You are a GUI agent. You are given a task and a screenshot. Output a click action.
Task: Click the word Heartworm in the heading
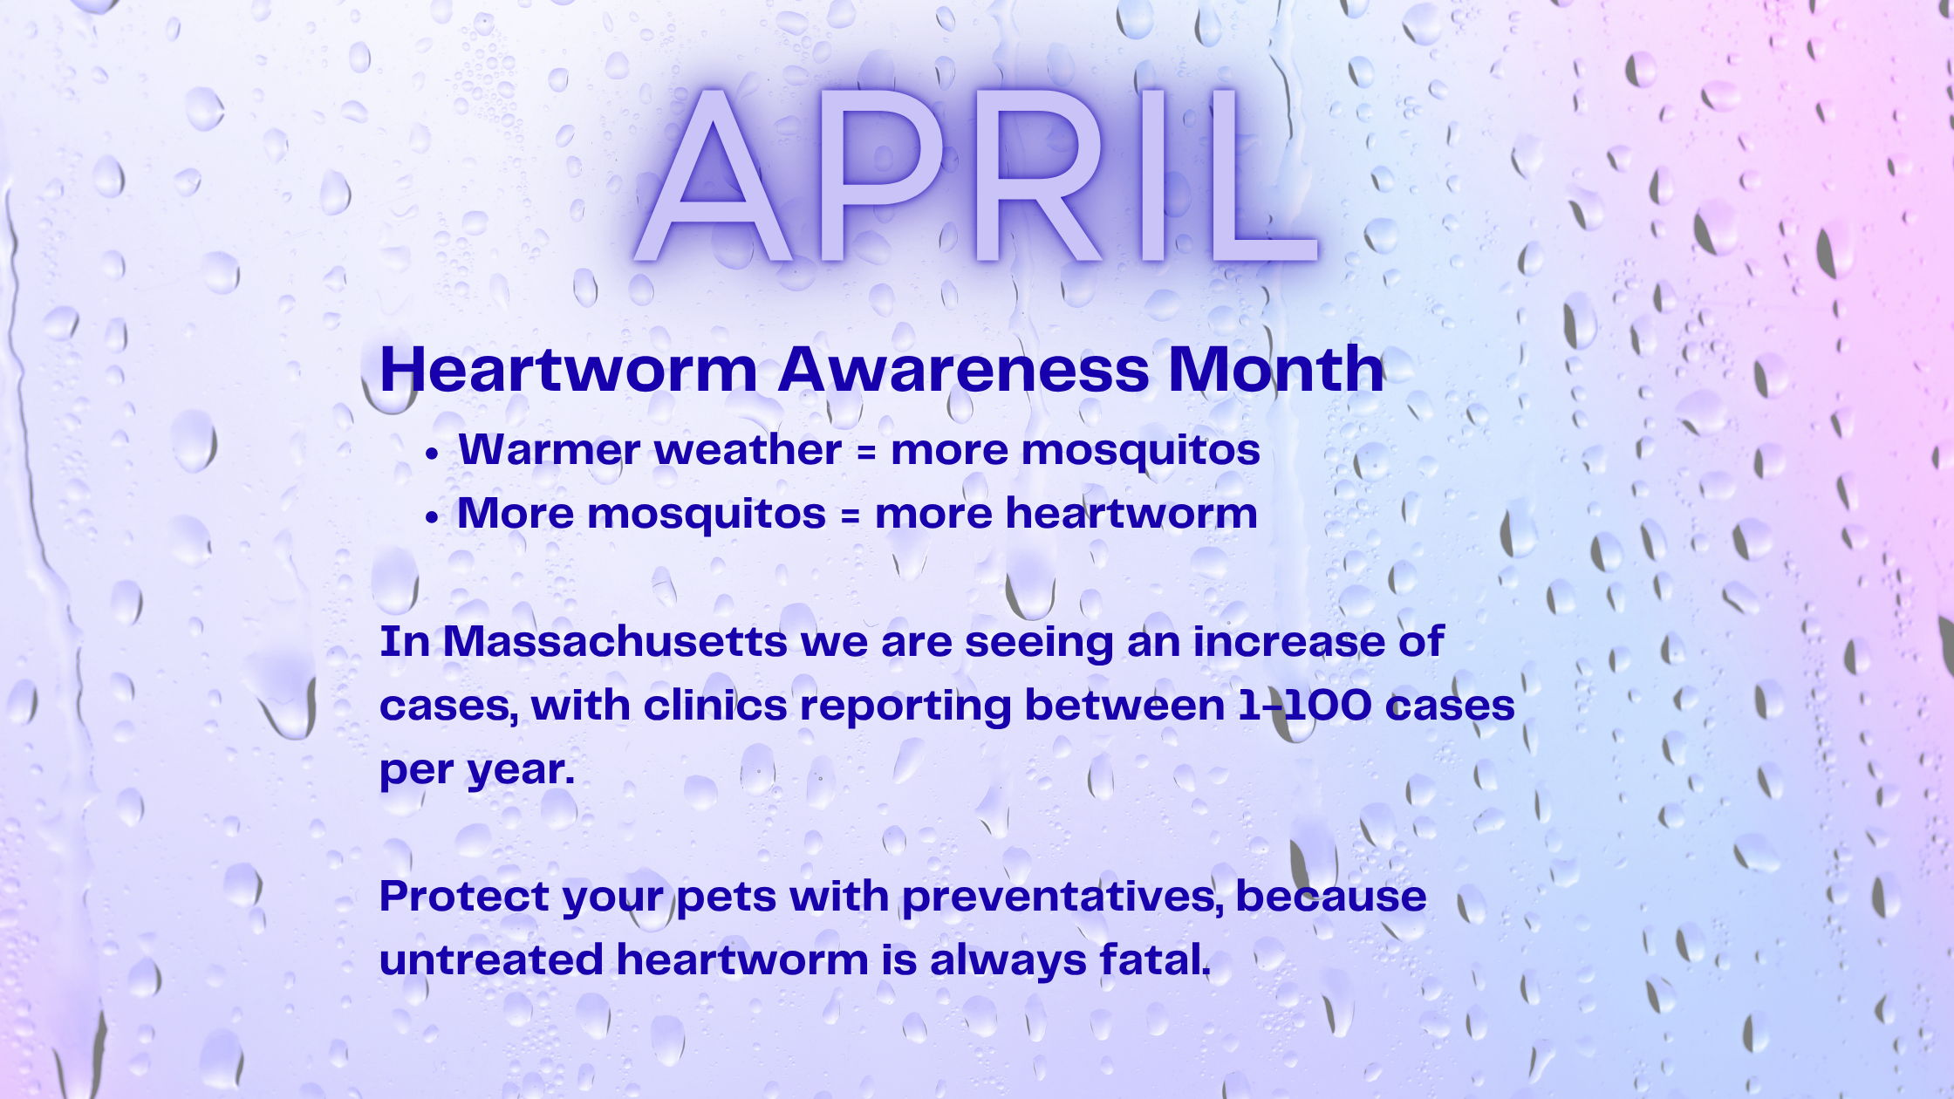[x=569, y=369]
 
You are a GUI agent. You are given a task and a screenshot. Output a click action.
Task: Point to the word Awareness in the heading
[x=964, y=369]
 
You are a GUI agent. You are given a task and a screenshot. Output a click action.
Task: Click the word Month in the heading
[x=1276, y=369]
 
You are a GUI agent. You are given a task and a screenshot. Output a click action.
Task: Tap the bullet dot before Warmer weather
[x=431, y=454]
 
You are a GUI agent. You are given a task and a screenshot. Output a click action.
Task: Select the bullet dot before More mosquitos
[x=431, y=517]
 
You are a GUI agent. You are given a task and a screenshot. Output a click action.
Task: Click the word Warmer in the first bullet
[x=550, y=450]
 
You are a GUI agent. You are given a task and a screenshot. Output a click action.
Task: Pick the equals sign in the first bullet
[x=865, y=453]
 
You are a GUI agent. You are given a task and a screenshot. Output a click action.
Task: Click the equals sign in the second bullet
[x=850, y=515]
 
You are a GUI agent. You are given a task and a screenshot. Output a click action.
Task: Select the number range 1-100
[x=1305, y=705]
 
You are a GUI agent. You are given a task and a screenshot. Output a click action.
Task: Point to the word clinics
[x=715, y=705]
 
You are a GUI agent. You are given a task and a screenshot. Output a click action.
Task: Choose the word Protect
[x=465, y=896]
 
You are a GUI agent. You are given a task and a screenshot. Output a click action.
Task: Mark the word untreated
[x=491, y=960]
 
